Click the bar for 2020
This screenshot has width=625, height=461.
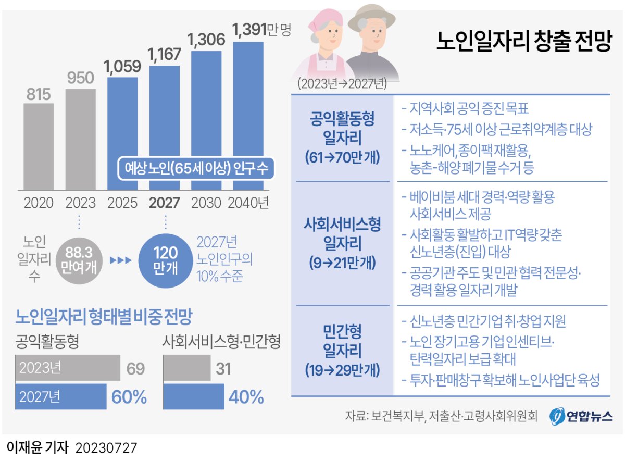(x=38, y=147)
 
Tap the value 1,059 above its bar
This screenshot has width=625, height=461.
(x=122, y=67)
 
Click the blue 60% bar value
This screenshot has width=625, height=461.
(x=129, y=397)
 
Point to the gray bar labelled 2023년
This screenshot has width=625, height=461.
(x=68, y=368)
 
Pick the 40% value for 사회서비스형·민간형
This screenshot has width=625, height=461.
(x=246, y=397)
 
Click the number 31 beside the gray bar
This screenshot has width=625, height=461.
(x=223, y=369)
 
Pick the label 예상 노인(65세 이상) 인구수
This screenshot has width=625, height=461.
(x=196, y=168)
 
